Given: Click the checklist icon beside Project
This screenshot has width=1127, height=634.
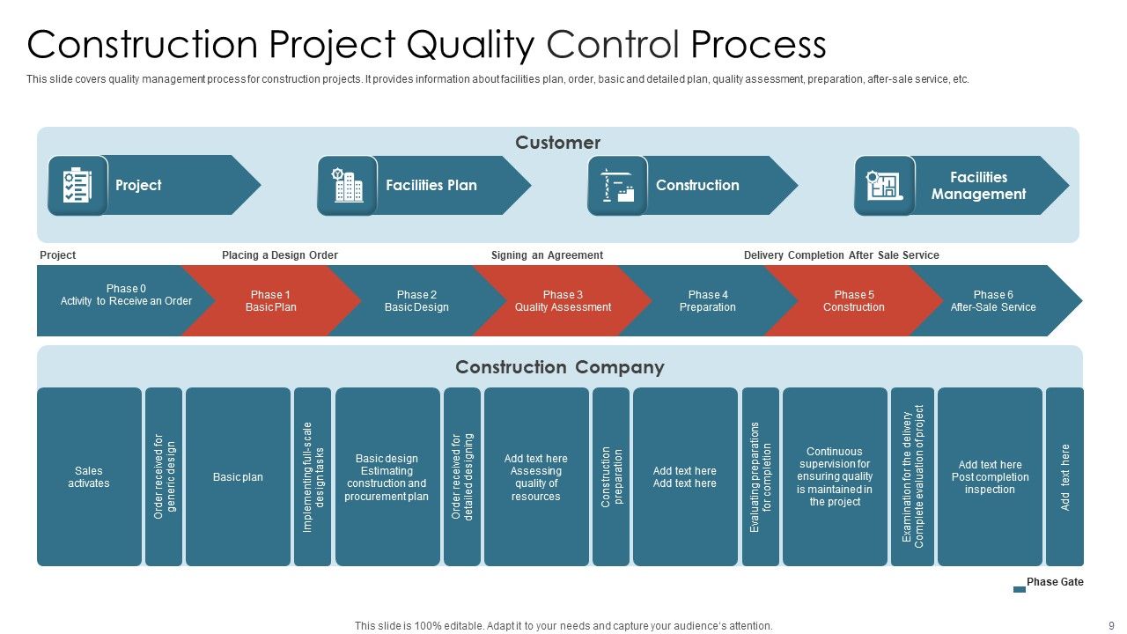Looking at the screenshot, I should (77, 186).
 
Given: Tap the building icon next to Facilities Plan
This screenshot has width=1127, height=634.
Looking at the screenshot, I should (347, 186).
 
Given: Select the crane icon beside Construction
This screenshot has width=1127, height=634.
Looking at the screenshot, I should (617, 186).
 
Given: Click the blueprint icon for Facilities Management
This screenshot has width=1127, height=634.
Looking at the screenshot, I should (884, 186).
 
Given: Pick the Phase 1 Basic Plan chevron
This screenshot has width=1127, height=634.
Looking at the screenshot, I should (270, 301).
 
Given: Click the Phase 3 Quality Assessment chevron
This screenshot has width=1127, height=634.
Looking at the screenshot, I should (563, 301).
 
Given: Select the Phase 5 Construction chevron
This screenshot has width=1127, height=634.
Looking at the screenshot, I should (853, 301).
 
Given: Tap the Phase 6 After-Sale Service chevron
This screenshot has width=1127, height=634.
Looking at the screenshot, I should (993, 301).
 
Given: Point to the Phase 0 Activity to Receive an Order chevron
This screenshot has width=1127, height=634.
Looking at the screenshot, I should (114, 301).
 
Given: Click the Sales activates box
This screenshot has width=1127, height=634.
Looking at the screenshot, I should (89, 477).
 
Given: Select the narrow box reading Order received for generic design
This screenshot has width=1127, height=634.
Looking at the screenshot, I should (164, 477).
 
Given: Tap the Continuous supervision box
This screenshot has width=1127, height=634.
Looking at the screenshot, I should (835, 477).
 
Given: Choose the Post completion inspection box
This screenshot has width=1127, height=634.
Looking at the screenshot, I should (990, 477).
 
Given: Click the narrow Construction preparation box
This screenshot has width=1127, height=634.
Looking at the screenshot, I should (611, 477).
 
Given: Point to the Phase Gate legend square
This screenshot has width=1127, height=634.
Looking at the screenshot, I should (1020, 589).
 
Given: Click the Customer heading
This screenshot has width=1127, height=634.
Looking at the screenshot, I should (557, 143).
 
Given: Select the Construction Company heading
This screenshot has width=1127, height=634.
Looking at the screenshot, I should (559, 367).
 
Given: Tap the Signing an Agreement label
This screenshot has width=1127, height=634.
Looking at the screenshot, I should (547, 255).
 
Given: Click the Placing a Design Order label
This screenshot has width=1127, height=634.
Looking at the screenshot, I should (280, 255).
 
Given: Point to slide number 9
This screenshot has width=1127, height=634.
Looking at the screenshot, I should (1111, 626).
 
